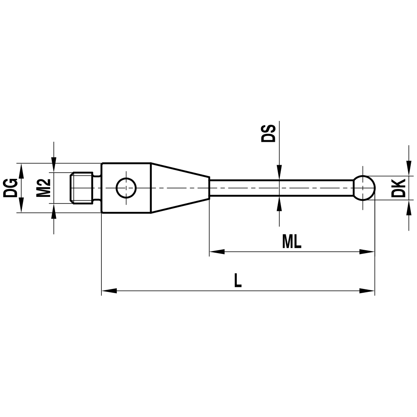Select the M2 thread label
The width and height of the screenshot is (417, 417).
[x=43, y=188]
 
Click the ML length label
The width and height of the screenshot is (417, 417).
[x=291, y=242]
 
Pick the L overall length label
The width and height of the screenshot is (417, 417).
[x=237, y=281]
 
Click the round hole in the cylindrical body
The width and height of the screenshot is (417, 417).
[x=126, y=188]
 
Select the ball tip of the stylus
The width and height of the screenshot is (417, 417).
[x=364, y=188]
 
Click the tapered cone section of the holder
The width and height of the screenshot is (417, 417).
[x=179, y=188]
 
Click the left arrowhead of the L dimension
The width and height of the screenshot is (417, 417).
[x=109, y=291]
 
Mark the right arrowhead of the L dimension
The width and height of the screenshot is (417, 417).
[x=367, y=291]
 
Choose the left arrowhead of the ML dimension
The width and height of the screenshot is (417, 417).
[x=217, y=252]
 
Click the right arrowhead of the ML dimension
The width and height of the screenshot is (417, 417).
[x=367, y=252]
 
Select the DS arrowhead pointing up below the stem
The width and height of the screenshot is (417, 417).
[x=279, y=203]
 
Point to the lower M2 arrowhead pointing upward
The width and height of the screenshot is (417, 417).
[x=53, y=211]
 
